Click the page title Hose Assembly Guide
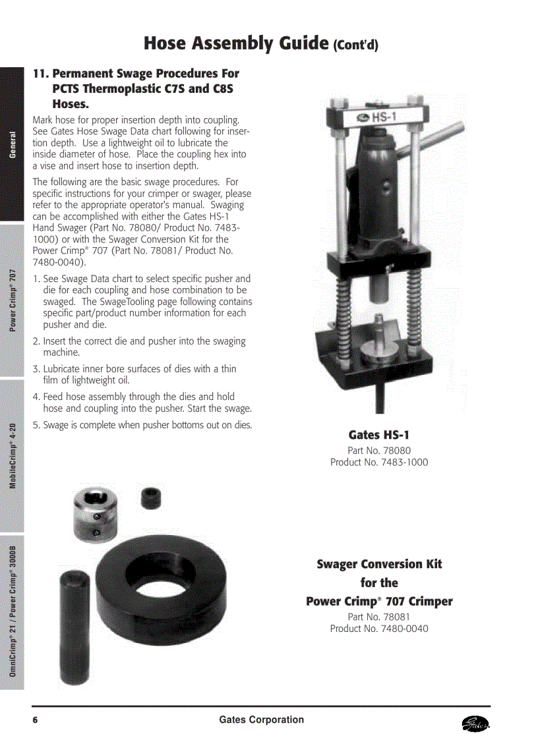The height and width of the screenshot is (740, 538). coord(236,44)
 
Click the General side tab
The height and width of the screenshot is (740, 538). coord(13,144)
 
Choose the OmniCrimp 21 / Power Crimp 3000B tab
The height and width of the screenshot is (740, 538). coord(13,611)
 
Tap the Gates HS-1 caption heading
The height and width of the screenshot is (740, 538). coord(379,435)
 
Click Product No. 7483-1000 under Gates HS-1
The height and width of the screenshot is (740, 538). coord(379,463)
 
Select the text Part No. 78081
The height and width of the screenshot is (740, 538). coord(379,617)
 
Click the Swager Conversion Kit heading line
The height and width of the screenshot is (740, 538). coord(379,564)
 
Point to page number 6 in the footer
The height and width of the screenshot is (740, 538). coord(35,720)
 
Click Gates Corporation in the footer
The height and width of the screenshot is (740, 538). coord(262,720)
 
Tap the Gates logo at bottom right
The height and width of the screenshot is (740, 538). coord(477,724)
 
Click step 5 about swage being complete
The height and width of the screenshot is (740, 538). coord(142,425)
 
